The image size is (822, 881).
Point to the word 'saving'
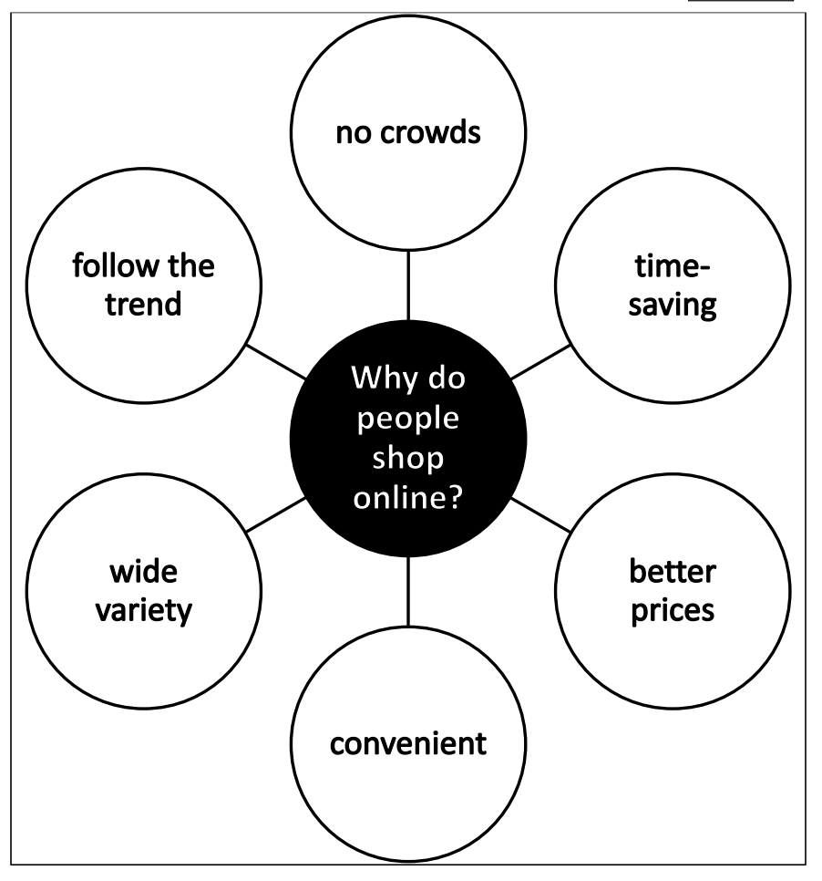pos(674,303)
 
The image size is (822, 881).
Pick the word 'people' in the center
pos(407,423)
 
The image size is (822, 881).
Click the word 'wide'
pos(143,574)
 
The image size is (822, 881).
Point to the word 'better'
pos(673,574)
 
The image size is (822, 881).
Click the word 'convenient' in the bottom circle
pos(407,743)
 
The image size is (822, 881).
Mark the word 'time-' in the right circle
pos(673,268)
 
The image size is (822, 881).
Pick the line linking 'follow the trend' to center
pos(276,362)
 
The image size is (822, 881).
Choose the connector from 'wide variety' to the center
pos(275,514)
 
